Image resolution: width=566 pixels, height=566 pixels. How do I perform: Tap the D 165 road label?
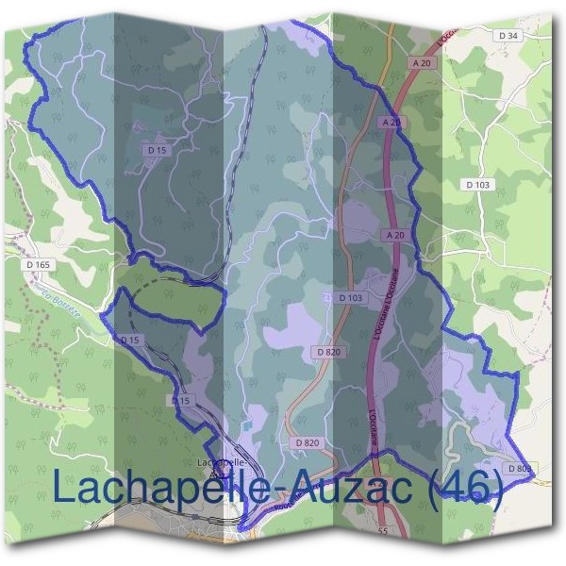[x=39, y=265]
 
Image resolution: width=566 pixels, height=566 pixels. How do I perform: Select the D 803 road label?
[x=519, y=468]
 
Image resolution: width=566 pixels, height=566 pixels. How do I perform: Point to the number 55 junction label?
[x=382, y=533]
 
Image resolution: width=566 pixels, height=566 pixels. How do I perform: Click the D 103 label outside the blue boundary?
[x=479, y=185]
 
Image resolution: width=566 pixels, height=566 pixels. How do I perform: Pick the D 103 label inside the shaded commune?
[x=349, y=298]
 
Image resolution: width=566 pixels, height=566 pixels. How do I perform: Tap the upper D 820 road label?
[x=327, y=352]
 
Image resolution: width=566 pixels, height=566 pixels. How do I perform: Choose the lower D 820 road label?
[x=308, y=441]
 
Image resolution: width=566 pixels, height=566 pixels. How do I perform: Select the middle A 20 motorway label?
[x=391, y=123]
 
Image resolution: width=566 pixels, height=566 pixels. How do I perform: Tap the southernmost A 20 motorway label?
[x=395, y=234]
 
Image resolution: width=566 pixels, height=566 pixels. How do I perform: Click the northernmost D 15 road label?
[x=157, y=149]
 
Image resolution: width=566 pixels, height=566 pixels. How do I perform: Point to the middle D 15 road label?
[x=129, y=340]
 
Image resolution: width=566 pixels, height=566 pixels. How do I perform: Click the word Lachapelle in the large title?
[x=151, y=489]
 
